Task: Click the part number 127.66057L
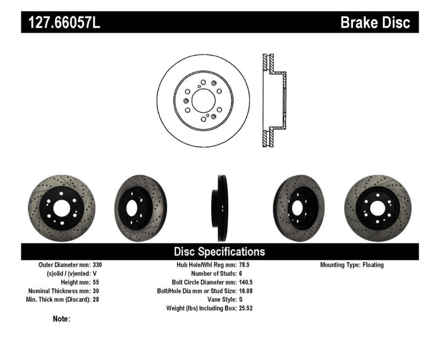(60, 23)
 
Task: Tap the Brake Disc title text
(375, 23)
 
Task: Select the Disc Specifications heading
(219, 252)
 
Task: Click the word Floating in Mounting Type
(373, 265)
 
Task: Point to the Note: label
(62, 318)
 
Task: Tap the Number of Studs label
(212, 274)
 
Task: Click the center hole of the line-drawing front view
(203, 101)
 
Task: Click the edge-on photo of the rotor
(219, 208)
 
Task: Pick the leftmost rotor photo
(61, 208)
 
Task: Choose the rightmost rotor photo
(377, 208)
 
